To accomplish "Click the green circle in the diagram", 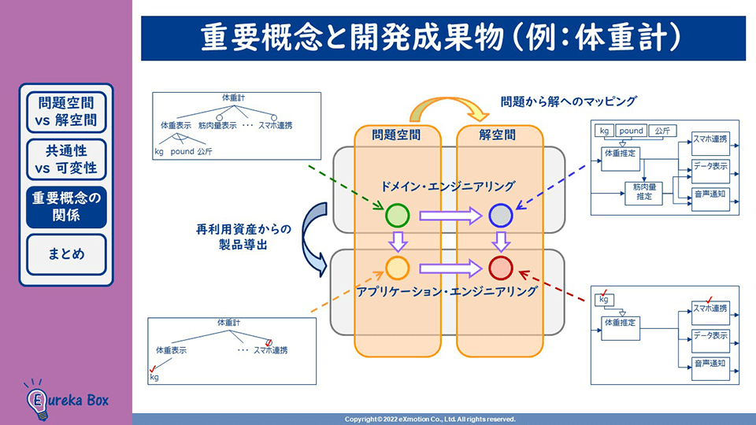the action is [x=397, y=215].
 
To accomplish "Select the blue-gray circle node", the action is [x=501, y=215].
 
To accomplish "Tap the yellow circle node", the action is [x=397, y=268].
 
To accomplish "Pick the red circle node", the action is [x=501, y=268].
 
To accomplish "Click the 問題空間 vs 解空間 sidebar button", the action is [x=66, y=112].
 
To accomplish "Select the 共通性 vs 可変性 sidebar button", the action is [x=66, y=160].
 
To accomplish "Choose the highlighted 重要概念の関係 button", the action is [x=66, y=207].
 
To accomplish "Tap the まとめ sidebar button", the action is [x=66, y=254].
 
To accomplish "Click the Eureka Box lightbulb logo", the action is [x=38, y=401].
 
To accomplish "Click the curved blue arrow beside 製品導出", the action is [x=311, y=238].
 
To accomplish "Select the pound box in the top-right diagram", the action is [x=631, y=131].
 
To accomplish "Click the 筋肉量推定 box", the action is [x=643, y=193].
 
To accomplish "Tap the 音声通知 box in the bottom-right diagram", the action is [x=710, y=368].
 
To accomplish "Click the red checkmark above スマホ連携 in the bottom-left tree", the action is [x=269, y=342].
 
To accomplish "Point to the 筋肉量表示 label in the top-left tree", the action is [x=217, y=125].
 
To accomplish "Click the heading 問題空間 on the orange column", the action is [x=396, y=135].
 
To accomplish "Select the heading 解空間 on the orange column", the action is [x=497, y=135].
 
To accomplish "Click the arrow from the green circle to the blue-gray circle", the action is [x=450, y=216].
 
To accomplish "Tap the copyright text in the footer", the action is [x=430, y=419].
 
